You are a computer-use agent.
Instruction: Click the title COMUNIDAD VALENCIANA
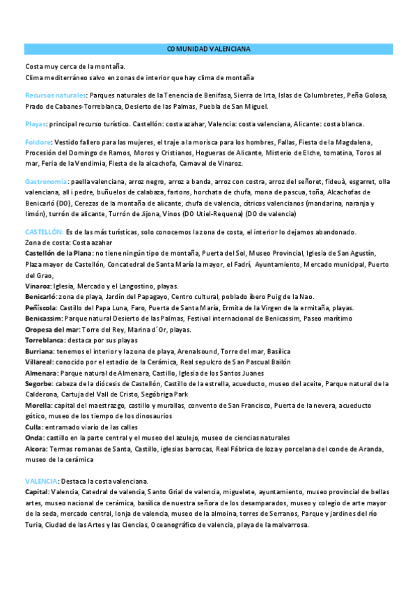tap(209, 49)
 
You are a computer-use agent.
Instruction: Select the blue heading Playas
tap(35, 124)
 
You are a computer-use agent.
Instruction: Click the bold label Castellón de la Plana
tap(58, 252)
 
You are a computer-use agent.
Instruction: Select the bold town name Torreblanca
tap(44, 341)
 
